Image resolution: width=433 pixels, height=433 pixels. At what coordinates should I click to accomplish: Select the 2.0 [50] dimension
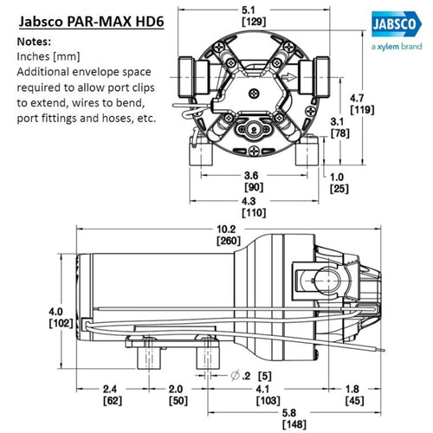[x=178, y=394]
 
